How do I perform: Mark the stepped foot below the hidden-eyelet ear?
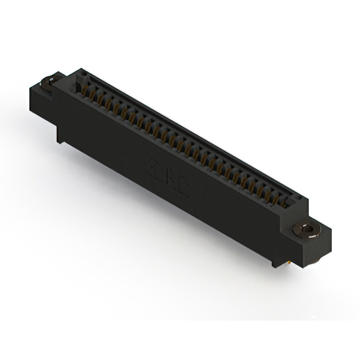(x=60, y=135)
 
